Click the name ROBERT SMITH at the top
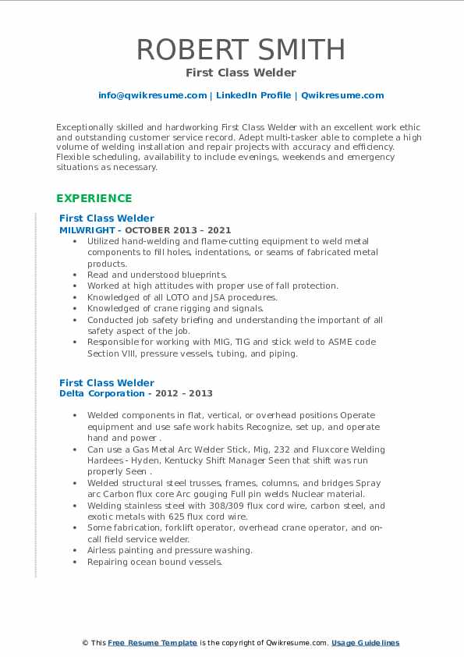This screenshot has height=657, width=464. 241,50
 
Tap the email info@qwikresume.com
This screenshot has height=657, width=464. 152,95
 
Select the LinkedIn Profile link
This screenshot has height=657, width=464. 253,95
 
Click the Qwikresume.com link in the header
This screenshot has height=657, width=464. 342,95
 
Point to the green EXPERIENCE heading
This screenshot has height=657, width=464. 94,198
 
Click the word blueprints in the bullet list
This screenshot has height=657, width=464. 200,275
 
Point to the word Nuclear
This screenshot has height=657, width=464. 311,494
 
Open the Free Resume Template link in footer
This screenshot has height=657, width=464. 152,643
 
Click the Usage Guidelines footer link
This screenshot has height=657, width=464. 365,643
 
